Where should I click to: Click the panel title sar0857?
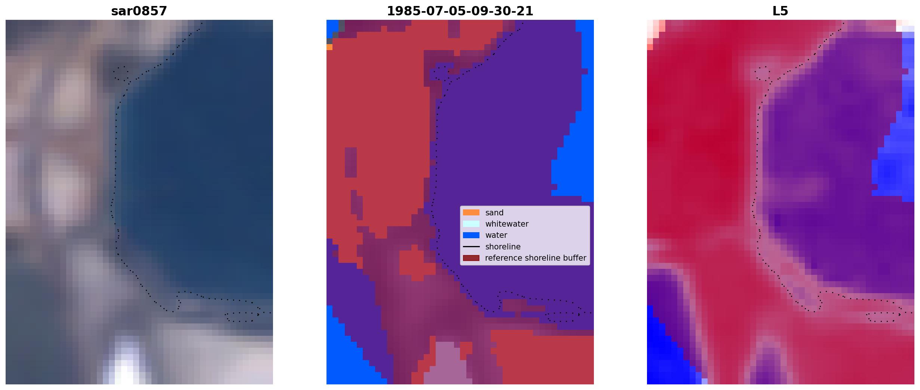pos(139,11)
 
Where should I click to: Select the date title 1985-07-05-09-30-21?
pos(460,11)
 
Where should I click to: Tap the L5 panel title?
pos(781,11)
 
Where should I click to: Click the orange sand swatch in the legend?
pos(471,212)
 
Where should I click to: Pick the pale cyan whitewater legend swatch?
pos(471,224)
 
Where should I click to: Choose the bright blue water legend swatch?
pos(471,235)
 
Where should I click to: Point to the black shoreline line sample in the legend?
pos(471,247)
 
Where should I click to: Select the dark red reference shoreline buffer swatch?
pos(471,258)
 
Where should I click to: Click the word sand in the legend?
pos(494,213)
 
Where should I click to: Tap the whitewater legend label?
pos(507,224)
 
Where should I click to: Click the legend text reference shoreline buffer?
pos(536,258)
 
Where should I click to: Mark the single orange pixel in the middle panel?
pos(329,47)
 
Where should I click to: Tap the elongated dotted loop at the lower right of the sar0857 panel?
pos(242,317)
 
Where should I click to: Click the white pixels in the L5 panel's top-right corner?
pos(905,26)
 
